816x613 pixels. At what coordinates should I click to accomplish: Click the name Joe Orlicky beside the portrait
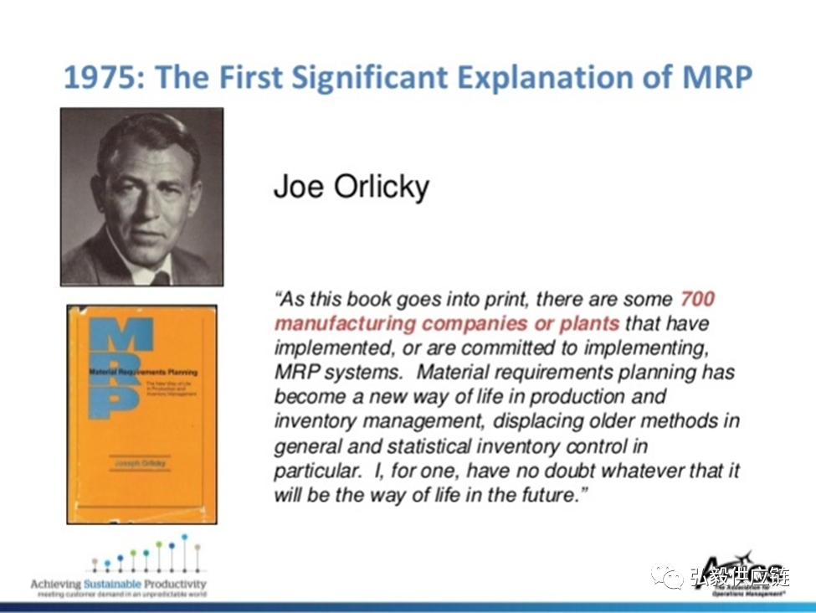click(x=351, y=187)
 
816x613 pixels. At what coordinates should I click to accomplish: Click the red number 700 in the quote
click(x=697, y=299)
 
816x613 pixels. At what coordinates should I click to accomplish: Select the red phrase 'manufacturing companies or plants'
click(x=447, y=323)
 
